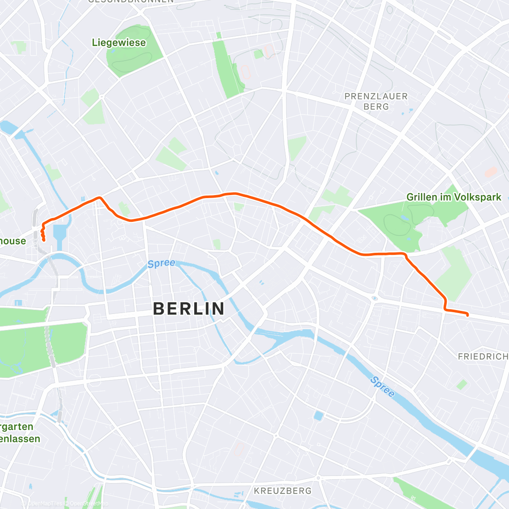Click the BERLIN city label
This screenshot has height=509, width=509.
click(x=189, y=309)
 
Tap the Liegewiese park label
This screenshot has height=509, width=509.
click(x=119, y=43)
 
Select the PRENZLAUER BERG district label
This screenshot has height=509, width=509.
click(x=376, y=101)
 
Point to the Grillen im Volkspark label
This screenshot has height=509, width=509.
click(x=453, y=197)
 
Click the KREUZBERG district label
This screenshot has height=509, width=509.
click(x=282, y=491)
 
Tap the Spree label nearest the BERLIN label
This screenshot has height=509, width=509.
click(x=161, y=263)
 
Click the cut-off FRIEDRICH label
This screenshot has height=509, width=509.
click(x=483, y=357)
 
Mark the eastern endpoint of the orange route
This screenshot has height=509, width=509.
click(x=467, y=315)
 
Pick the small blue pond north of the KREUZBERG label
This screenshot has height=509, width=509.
click(x=318, y=416)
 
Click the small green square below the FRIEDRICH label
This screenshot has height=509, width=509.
click(x=462, y=385)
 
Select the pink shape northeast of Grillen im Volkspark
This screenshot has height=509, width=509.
click(x=491, y=172)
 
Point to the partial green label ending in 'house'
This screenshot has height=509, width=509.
click(x=13, y=241)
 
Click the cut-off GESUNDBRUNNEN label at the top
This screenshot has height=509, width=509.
click(x=131, y=1)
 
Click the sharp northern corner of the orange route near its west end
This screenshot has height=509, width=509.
click(x=99, y=197)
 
